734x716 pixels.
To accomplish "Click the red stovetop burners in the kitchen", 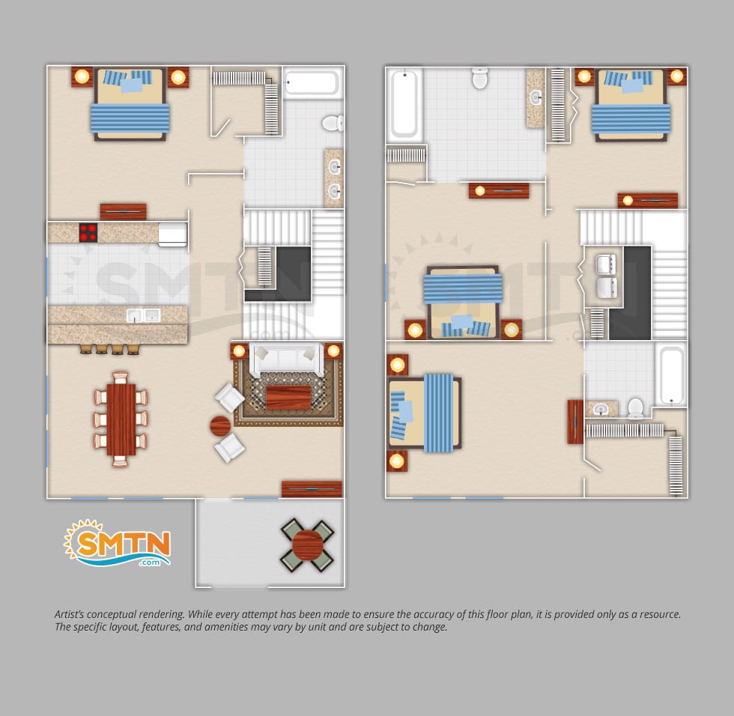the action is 88,233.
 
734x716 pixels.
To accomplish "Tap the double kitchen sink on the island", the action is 143,315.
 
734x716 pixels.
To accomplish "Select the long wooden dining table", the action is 121,419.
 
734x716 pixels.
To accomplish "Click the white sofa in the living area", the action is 286,359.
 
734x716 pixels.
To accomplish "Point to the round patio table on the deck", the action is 308,545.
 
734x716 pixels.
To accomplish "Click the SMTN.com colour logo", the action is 117,543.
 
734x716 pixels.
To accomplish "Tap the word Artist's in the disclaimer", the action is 69,614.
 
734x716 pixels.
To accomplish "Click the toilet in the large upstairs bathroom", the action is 480,78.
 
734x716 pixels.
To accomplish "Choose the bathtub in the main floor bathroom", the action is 312,83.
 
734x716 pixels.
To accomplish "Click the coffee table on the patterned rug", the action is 288,397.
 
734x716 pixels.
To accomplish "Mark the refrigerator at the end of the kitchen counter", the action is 173,234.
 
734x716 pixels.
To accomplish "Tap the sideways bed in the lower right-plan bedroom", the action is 425,413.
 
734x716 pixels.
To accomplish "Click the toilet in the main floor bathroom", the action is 333,123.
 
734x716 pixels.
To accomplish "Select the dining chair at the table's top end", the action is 121,377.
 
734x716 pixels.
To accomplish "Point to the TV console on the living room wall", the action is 312,489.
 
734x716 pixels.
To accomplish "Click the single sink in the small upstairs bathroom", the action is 601,410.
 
